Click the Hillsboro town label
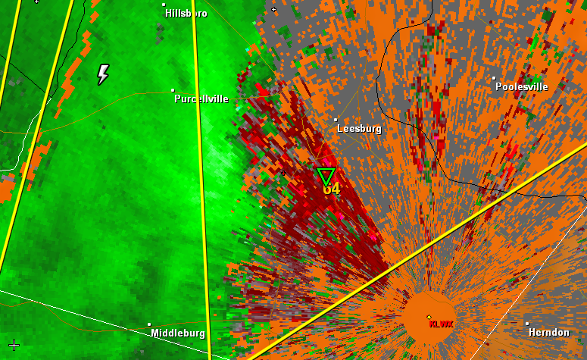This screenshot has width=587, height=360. [186, 14]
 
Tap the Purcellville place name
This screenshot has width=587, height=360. [201, 99]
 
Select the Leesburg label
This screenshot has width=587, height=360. [358, 129]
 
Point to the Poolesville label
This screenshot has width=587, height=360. [521, 86]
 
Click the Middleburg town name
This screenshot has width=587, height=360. [177, 333]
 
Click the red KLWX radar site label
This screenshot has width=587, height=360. [440, 324]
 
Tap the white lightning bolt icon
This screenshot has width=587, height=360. [103, 74]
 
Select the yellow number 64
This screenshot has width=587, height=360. [332, 189]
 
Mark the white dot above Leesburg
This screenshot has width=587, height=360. [336, 119]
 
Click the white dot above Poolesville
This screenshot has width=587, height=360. [494, 77]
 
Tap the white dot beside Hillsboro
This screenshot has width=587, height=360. [164, 5]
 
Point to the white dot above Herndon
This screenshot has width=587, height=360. [528, 324]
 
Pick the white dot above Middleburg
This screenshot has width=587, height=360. [149, 324]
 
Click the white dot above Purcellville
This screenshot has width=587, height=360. [173, 89]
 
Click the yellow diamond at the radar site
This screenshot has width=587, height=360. [429, 317]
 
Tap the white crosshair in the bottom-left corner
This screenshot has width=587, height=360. [14, 345]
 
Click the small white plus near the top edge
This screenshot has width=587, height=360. [273, 9]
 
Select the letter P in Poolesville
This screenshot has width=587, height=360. [499, 86]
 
